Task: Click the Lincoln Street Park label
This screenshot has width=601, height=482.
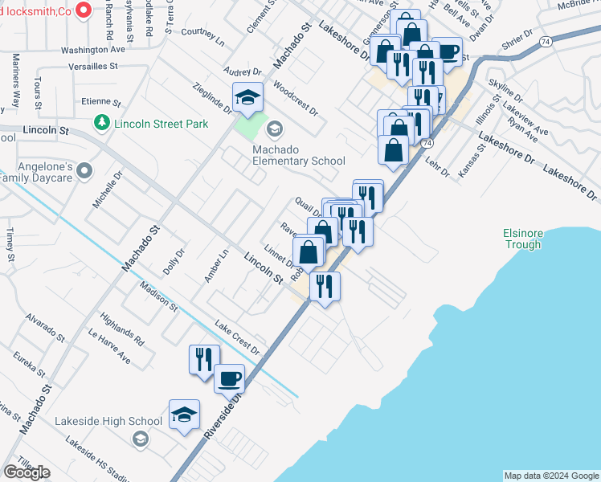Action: pos(161,124)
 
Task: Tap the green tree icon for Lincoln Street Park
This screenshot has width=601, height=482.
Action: pos(101,123)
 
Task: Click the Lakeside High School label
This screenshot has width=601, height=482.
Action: pos(108,421)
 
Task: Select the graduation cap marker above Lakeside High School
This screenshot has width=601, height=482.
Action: pos(184,415)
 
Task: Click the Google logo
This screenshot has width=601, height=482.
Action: pos(27,472)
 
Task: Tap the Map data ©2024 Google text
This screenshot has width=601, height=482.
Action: pos(551,476)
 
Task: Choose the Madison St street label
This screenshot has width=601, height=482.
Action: pos(157,296)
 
